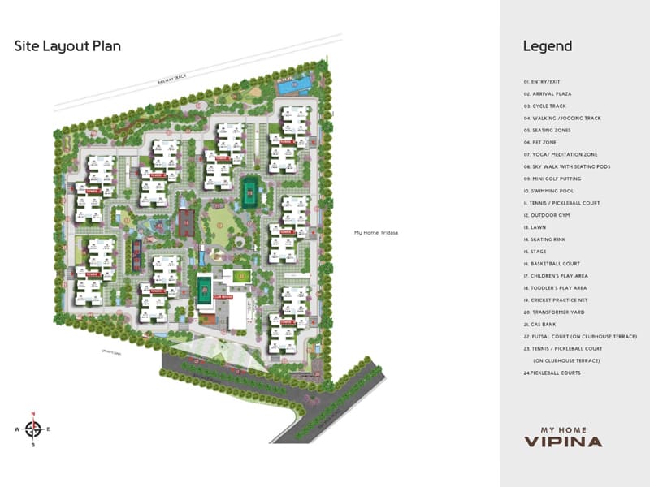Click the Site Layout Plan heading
67,46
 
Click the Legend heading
547,46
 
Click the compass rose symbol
33,429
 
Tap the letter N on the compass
33,414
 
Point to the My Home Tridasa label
376,233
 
